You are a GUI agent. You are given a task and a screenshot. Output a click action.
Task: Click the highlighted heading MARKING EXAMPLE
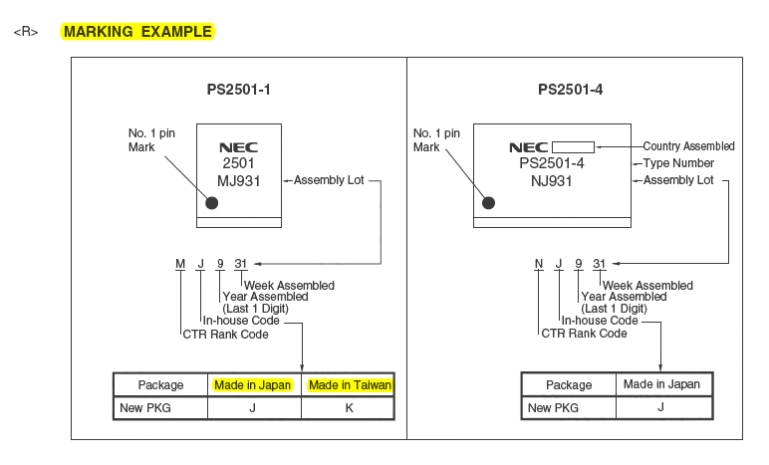tap(137, 32)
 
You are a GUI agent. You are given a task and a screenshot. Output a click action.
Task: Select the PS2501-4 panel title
tap(570, 91)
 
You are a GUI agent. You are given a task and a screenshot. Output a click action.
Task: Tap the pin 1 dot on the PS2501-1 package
tap(211, 203)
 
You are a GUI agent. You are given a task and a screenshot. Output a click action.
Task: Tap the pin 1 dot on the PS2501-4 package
tap(488, 203)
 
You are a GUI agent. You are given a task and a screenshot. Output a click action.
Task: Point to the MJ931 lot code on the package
tap(240, 180)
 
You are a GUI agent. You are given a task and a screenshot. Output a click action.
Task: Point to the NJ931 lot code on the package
tap(552, 180)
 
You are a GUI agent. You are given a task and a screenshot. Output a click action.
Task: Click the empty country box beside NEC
tap(574, 146)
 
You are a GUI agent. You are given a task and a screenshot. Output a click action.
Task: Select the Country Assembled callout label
tap(688, 146)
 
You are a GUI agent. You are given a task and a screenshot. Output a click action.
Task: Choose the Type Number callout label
tap(678, 163)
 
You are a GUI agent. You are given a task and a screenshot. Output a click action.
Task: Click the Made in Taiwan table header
tap(350, 385)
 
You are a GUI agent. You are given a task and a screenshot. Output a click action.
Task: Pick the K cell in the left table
tap(350, 408)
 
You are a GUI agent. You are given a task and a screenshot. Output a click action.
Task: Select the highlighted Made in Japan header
tap(253, 385)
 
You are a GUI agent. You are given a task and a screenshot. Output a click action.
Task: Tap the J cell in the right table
tap(661, 408)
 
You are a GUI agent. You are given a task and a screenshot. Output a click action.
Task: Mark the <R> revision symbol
tap(25, 32)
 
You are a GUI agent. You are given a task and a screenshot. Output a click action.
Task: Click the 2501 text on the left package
tap(239, 163)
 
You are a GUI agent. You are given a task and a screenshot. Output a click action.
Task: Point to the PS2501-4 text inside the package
tap(552, 163)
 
